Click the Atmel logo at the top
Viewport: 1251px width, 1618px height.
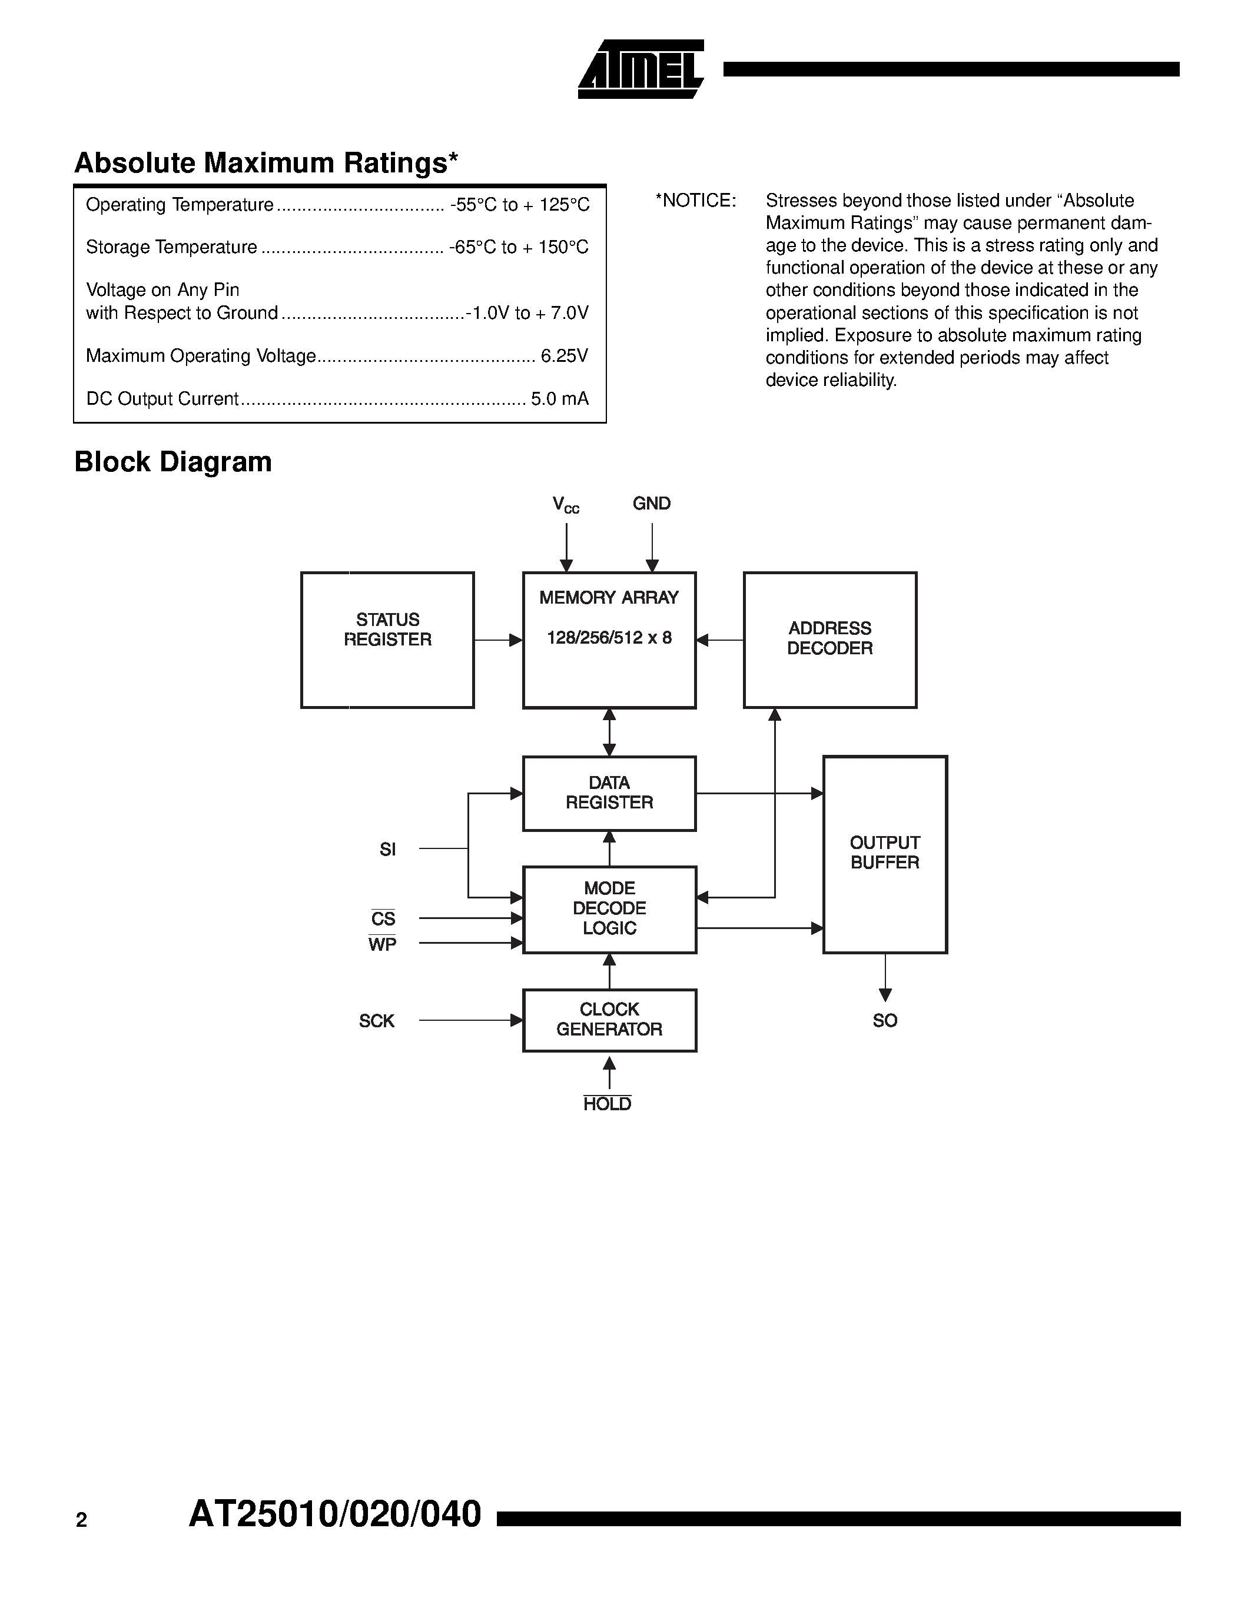tap(641, 69)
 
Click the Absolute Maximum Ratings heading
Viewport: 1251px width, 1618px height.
tap(266, 163)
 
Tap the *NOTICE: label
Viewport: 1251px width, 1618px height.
tap(695, 201)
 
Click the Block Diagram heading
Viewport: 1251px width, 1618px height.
tap(172, 461)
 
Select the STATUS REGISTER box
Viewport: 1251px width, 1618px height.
tap(387, 640)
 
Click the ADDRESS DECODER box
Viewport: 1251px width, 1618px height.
tap(829, 640)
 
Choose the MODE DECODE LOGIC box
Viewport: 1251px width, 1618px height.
tap(609, 909)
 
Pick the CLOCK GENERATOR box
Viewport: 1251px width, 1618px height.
tap(609, 1020)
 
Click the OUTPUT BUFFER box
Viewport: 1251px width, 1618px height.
tap(884, 854)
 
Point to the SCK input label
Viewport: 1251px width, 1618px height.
tap(377, 1021)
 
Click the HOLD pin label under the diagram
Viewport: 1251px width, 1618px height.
tap(607, 1104)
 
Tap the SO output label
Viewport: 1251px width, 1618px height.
tap(884, 1021)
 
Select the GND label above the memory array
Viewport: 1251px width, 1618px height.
tap(652, 504)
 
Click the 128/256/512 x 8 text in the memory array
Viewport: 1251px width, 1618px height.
tap(609, 638)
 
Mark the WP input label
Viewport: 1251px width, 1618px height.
tap(383, 944)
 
